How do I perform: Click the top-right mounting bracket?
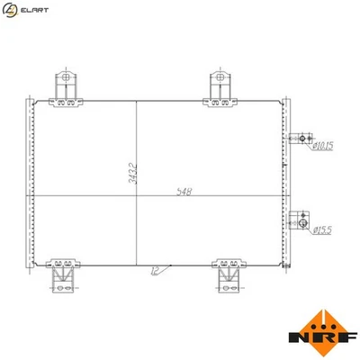coord(220,86)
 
